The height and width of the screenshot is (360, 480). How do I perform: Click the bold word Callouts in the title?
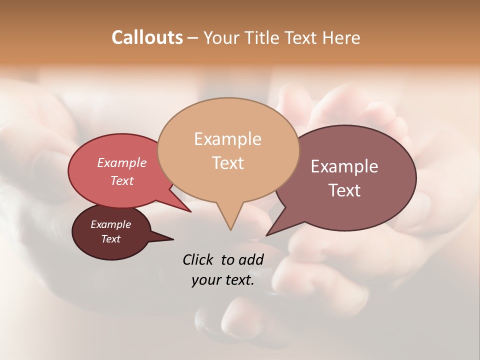tap(147, 37)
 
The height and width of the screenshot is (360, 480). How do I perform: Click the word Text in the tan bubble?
tap(227, 162)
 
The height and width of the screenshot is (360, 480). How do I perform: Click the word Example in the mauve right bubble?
tap(344, 166)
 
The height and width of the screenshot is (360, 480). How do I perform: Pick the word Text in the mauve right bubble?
tap(344, 190)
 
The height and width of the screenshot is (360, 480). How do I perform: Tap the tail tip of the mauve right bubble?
tap(267, 235)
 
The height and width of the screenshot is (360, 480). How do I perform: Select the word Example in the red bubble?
tap(121, 162)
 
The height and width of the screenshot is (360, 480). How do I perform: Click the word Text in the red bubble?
tap(121, 180)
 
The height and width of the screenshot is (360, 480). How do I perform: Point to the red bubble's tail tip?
tap(190, 211)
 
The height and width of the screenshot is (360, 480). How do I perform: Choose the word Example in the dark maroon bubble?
tap(110, 224)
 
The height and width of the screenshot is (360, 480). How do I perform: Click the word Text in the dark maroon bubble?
tap(110, 239)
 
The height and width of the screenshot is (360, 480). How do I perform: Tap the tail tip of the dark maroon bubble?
tap(173, 239)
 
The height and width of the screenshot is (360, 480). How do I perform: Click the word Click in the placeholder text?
tap(198, 259)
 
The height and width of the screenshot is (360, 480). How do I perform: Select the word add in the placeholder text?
tap(251, 259)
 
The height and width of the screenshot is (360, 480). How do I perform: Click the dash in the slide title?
tap(193, 38)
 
